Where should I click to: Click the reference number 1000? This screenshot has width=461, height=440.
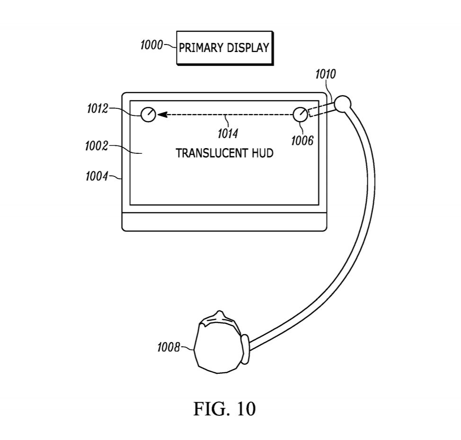[151, 45]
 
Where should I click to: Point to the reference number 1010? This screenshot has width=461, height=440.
[326, 74]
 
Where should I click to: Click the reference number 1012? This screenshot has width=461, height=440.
[98, 109]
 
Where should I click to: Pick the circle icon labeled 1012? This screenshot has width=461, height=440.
[148, 114]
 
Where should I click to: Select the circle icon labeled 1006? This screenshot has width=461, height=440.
[301, 114]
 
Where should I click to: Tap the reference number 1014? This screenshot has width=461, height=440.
[228, 134]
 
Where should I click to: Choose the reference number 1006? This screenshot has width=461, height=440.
[302, 141]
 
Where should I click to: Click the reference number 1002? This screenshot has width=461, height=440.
[97, 146]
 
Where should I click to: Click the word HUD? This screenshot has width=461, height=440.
[263, 153]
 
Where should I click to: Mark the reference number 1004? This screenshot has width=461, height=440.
[97, 176]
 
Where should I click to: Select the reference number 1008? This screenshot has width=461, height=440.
[168, 347]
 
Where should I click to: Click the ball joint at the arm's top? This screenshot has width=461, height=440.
[343, 104]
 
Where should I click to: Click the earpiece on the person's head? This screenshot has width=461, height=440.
[246, 349]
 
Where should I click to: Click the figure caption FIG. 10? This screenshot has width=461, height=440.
[224, 409]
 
